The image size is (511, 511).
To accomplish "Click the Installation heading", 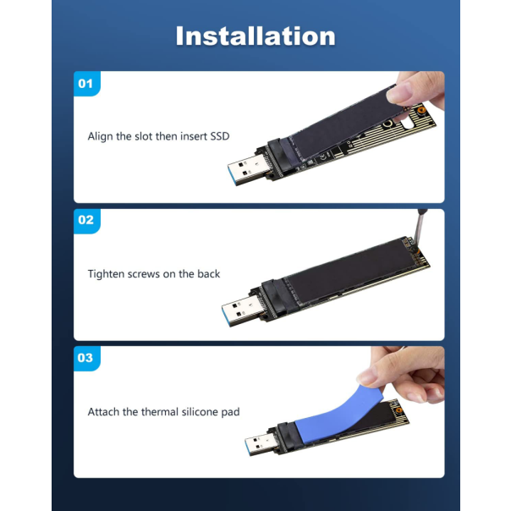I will [255, 36].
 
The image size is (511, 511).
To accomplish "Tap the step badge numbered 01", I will [85, 83].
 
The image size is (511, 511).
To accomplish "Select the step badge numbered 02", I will [85, 220].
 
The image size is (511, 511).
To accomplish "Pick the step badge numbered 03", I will [85, 358].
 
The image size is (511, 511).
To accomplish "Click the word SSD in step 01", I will [218, 136].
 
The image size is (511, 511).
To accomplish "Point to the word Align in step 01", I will [101, 136].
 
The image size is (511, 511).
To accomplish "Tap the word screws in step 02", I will [149, 274].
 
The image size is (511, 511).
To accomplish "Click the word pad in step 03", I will [230, 412].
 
